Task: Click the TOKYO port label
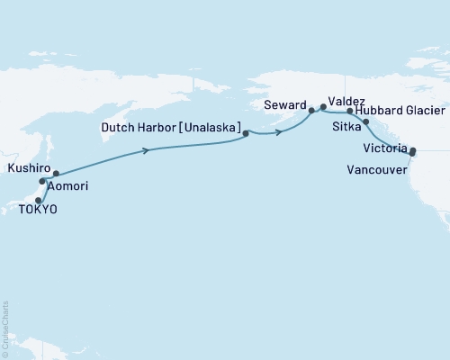(x=37, y=209)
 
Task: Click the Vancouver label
(x=375, y=167)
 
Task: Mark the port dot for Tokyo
(x=39, y=200)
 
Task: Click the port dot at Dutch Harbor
(x=245, y=134)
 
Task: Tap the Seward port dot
(x=311, y=111)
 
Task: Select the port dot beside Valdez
(x=323, y=107)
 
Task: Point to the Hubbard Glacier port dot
(x=350, y=112)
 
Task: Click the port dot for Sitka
(x=365, y=121)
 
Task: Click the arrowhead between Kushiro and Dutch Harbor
(x=146, y=151)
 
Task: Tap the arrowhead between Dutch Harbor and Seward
(x=281, y=133)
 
